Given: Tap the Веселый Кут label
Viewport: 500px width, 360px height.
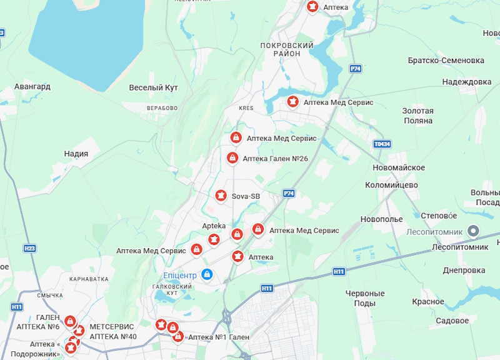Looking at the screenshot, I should pos(153,87).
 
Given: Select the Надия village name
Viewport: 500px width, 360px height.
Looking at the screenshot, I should pos(76,153).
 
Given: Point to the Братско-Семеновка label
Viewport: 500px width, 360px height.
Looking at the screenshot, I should pos(446,61).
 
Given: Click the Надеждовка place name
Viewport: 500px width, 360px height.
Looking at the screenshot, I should pos(466,82).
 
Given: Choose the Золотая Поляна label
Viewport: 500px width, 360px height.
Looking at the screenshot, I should pos(417,116).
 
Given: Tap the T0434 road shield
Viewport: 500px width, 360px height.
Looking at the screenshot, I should pos(382,144).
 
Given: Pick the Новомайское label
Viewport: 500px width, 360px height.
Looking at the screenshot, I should pos(398,167).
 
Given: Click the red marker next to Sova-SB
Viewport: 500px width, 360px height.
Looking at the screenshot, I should pos(221,196).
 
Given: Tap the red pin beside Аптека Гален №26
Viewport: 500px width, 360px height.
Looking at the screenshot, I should pos(232,158).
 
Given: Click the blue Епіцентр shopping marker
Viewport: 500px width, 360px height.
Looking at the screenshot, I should pos(207,274).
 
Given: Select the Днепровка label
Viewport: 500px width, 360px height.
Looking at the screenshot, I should pos(464,271).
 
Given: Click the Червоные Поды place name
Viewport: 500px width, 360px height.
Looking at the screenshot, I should pos(365,298).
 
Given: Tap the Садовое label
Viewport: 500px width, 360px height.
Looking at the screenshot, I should pos(452,321).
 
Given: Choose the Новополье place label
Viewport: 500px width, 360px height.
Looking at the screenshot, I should pos(381,219).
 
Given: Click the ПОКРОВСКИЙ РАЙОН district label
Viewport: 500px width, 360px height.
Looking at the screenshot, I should pos(286,49).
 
